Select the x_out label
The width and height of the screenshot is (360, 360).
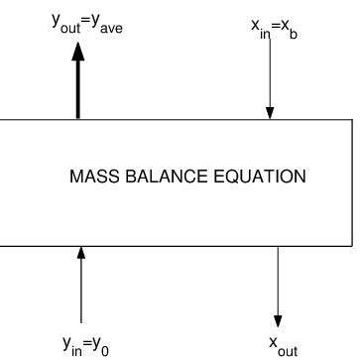point(282,342)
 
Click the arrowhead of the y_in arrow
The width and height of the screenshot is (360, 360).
point(82,252)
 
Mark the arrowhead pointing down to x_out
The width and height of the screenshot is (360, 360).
point(278,319)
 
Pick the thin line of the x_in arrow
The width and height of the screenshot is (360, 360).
point(268,79)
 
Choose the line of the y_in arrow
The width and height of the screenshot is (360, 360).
point(82,288)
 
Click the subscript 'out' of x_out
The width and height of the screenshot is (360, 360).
point(288,347)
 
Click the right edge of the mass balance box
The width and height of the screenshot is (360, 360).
point(350,181)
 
